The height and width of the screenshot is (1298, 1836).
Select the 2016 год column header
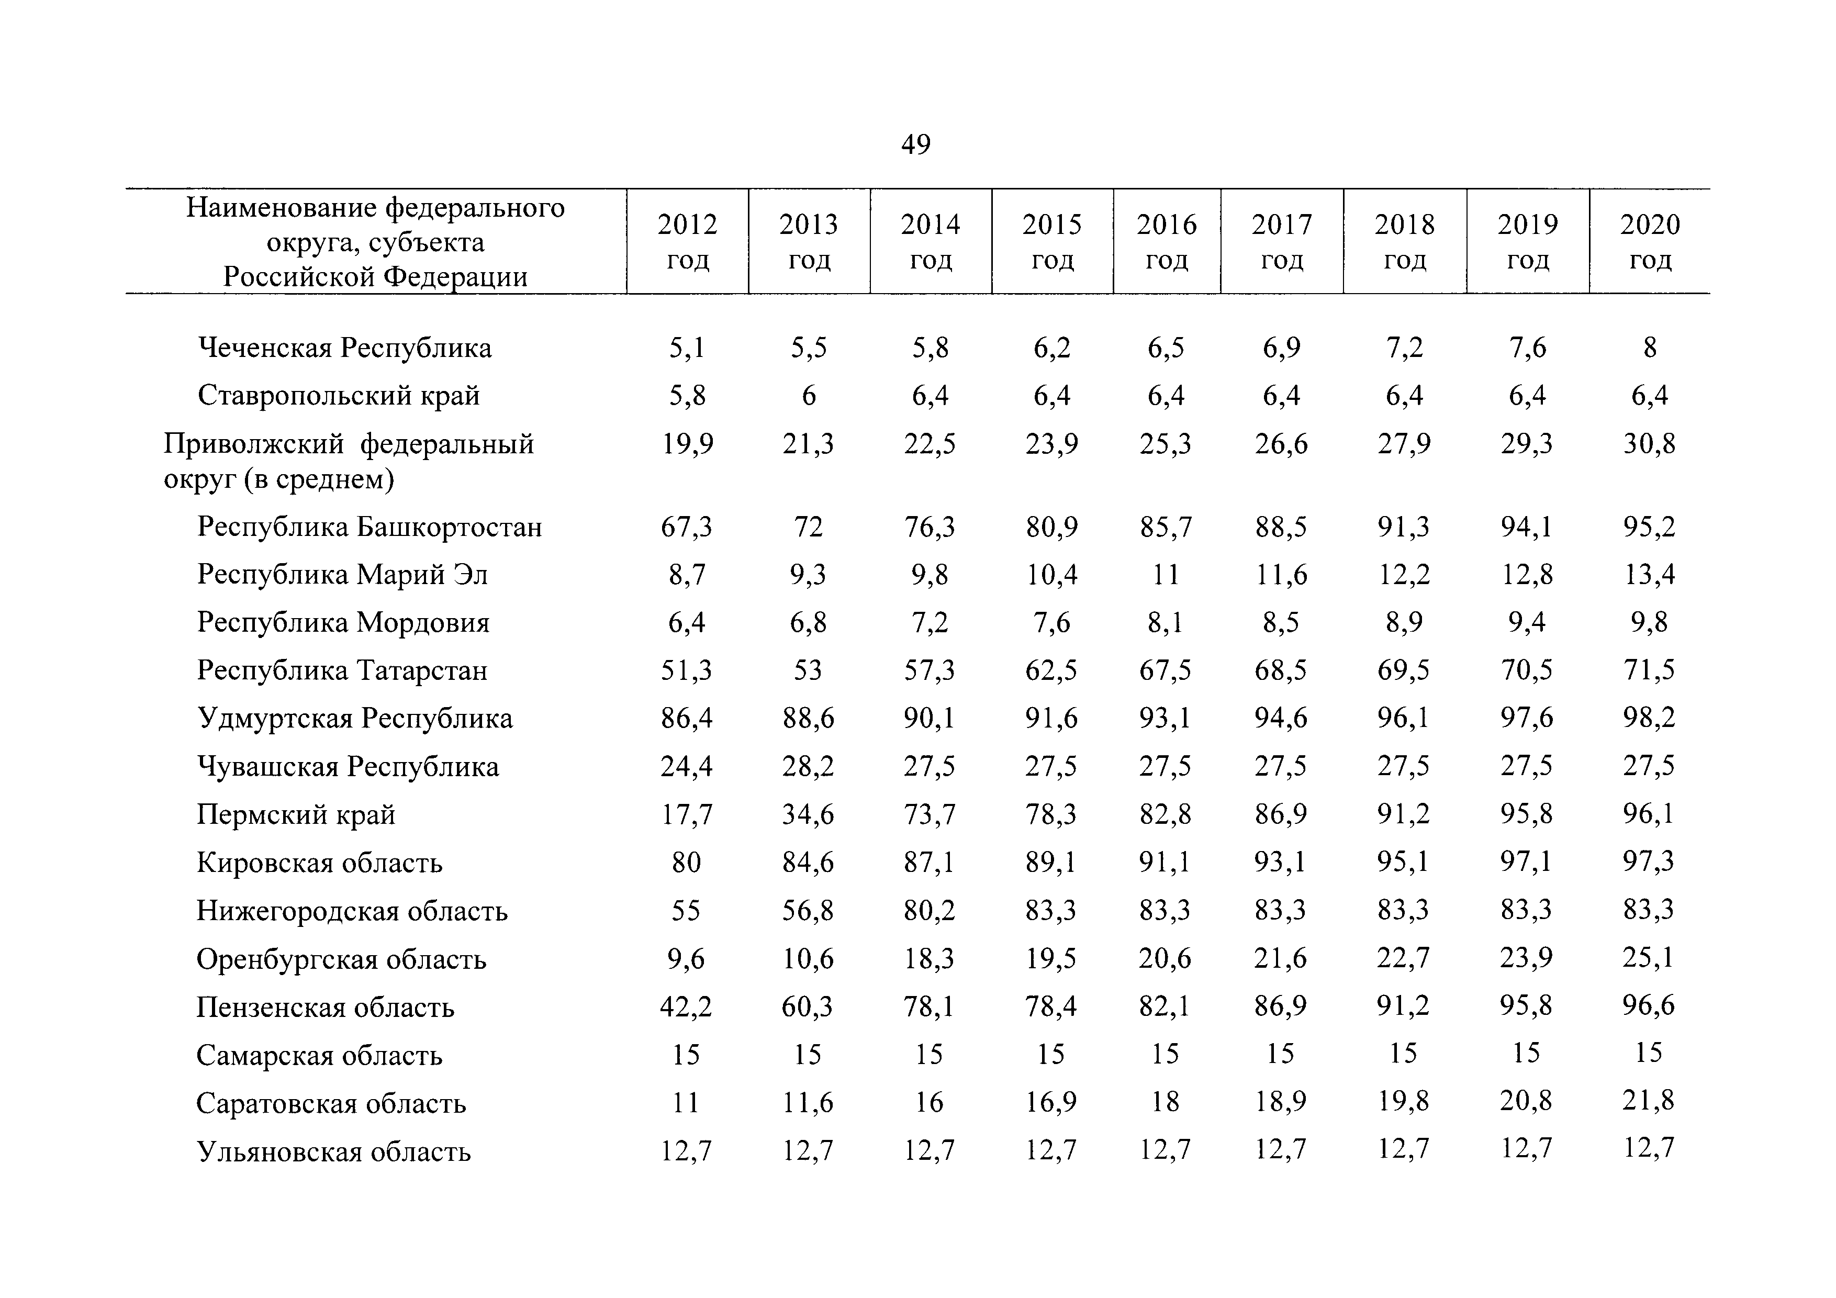pyautogui.click(x=1167, y=241)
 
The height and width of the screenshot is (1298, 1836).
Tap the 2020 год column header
pyautogui.click(x=1650, y=241)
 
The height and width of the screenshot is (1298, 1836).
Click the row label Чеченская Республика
pyautogui.click(x=345, y=348)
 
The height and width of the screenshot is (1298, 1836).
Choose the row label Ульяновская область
pyautogui.click(x=333, y=1151)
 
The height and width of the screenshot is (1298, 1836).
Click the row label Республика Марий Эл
pyautogui.click(x=342, y=575)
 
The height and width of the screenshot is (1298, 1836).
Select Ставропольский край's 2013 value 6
pyautogui.click(x=809, y=396)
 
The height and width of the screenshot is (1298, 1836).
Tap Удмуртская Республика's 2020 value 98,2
pyautogui.click(x=1649, y=718)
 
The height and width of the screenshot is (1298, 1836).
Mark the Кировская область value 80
pyautogui.click(x=686, y=862)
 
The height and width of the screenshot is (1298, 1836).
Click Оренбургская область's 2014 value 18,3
pyautogui.click(x=929, y=958)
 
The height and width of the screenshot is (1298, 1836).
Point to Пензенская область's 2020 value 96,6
pyautogui.click(x=1649, y=1005)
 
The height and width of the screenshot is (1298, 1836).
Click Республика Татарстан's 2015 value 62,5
pyautogui.click(x=1051, y=670)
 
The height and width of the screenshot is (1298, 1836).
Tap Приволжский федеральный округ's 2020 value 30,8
pyautogui.click(x=1649, y=444)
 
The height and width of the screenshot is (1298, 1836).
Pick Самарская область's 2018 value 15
pyautogui.click(x=1403, y=1053)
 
